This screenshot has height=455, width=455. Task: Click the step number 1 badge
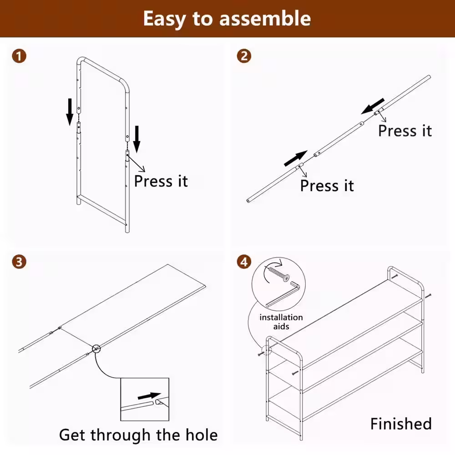pyautogui.click(x=19, y=56)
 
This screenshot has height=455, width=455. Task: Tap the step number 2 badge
pyautogui.click(x=244, y=56)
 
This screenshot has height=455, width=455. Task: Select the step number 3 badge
pyautogui.click(x=19, y=262)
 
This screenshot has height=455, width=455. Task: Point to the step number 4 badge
pyautogui.click(x=244, y=262)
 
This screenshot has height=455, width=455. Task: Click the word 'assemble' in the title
pyautogui.click(x=265, y=19)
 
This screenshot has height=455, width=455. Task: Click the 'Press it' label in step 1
pyautogui.click(x=161, y=181)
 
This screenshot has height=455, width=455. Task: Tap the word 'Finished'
pyautogui.click(x=401, y=424)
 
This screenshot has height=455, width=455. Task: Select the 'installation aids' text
pyautogui.click(x=281, y=322)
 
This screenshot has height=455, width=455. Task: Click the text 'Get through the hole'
pyautogui.click(x=138, y=435)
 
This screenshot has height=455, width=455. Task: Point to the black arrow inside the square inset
pyautogui.click(x=149, y=396)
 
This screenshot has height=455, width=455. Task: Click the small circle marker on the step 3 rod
pyautogui.click(x=96, y=349)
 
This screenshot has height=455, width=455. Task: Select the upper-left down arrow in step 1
pyautogui.click(x=70, y=112)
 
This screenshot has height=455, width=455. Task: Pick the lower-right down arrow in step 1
pyautogui.click(x=136, y=139)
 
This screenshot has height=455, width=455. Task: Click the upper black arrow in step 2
pyautogui.click(x=373, y=106)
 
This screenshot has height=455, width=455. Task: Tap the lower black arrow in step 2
pyautogui.click(x=296, y=158)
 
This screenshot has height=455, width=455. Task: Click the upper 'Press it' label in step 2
pyautogui.click(x=405, y=131)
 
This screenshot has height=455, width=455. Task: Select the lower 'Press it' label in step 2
pyautogui.click(x=327, y=186)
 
